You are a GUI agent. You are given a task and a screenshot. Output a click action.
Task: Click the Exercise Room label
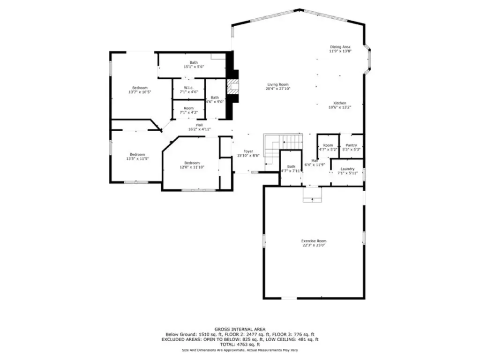point(314,241)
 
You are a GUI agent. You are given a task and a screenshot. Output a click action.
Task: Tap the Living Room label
point(278,84)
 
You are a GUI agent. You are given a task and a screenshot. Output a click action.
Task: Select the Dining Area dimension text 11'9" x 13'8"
point(340,51)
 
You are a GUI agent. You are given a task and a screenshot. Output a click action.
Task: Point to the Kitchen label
point(340,103)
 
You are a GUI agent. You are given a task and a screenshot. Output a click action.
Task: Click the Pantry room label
point(352,145)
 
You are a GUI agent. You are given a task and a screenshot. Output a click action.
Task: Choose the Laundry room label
point(347,169)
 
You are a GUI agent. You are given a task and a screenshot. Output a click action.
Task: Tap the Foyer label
point(248,151)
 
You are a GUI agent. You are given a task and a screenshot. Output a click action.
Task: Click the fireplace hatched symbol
point(233,87)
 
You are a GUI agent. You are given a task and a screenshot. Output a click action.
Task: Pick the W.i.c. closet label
point(188,88)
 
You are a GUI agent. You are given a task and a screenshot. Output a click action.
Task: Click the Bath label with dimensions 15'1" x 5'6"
point(194,62)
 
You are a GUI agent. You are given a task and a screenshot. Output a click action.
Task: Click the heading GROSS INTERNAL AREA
point(240,330)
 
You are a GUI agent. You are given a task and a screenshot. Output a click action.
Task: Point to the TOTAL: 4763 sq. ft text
point(240,345)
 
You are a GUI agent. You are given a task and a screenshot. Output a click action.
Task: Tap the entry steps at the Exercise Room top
point(312,195)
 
